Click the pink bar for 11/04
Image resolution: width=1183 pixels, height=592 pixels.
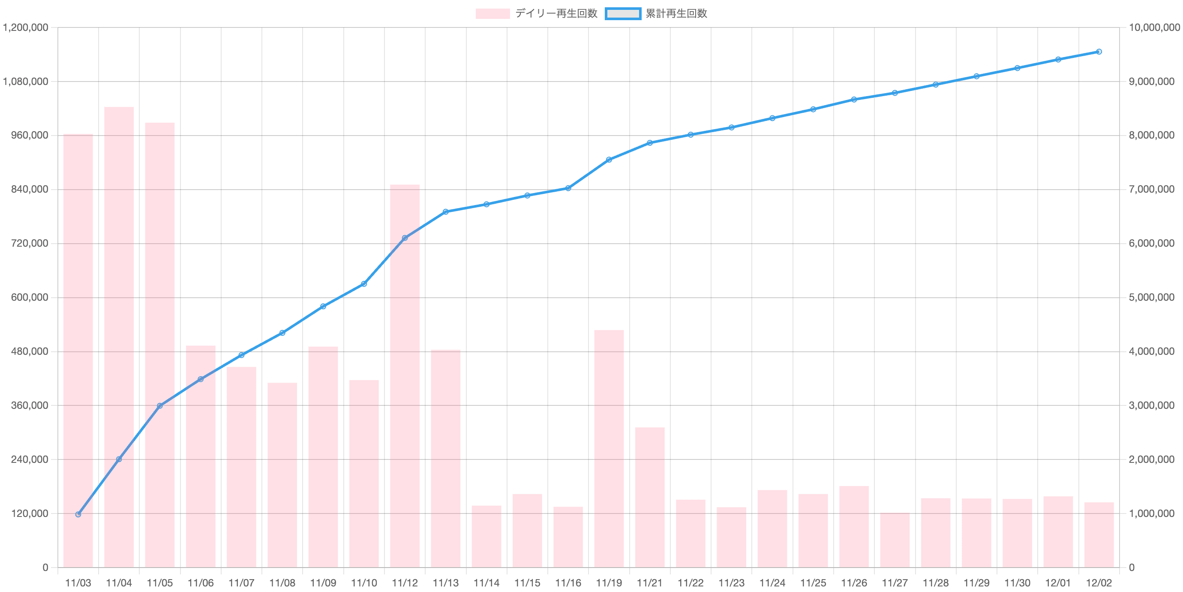point(119,337)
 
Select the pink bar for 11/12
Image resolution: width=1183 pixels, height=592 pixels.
point(405,375)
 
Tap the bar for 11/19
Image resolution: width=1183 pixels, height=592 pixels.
point(609,448)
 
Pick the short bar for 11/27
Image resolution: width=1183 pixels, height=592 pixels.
point(895,540)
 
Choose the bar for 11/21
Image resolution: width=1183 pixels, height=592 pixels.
point(650,497)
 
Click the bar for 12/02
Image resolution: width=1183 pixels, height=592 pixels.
point(1099,535)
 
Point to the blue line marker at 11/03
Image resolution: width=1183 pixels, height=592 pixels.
point(78,514)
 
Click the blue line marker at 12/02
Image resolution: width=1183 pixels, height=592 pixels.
point(1099,51)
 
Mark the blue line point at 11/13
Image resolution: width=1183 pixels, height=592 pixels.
point(445,211)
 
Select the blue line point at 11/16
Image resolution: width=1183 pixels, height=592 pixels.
point(568,188)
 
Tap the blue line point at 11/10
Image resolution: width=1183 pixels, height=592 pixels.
point(364,284)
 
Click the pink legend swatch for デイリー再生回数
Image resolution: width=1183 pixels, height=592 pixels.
point(492,14)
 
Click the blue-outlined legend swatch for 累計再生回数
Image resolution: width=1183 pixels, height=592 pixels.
point(623,14)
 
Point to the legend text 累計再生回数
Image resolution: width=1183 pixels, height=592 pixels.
point(676,14)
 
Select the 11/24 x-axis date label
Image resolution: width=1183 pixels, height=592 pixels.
point(772,583)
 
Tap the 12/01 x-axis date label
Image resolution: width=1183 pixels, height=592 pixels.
point(1058,583)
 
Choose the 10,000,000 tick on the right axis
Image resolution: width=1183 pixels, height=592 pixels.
point(1153,28)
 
